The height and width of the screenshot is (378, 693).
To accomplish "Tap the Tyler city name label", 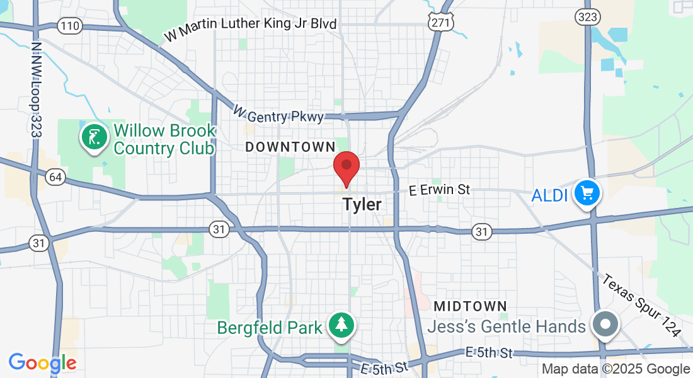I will pos(362,205).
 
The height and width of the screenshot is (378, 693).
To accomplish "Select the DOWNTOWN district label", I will pos(290,147).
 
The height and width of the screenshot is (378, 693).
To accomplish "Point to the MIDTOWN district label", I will pos(471,306).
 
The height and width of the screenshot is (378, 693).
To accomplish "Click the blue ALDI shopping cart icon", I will pos(587,193).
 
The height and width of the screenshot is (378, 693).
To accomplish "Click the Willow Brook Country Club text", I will pos(164,140).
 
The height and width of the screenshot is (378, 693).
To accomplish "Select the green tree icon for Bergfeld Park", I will pos(341,325).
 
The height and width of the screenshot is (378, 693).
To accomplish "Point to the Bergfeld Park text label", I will pos(270,328).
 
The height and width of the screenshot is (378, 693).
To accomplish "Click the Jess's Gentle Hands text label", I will pos(507,327).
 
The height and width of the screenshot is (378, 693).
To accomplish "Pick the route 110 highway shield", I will pos(69,26).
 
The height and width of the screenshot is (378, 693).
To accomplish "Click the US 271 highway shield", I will pos(440,21).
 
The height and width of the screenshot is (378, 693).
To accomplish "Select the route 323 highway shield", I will pos(587,17).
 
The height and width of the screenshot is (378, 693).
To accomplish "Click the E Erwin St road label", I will pos(439,190).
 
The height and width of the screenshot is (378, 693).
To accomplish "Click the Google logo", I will pos(42,363).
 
